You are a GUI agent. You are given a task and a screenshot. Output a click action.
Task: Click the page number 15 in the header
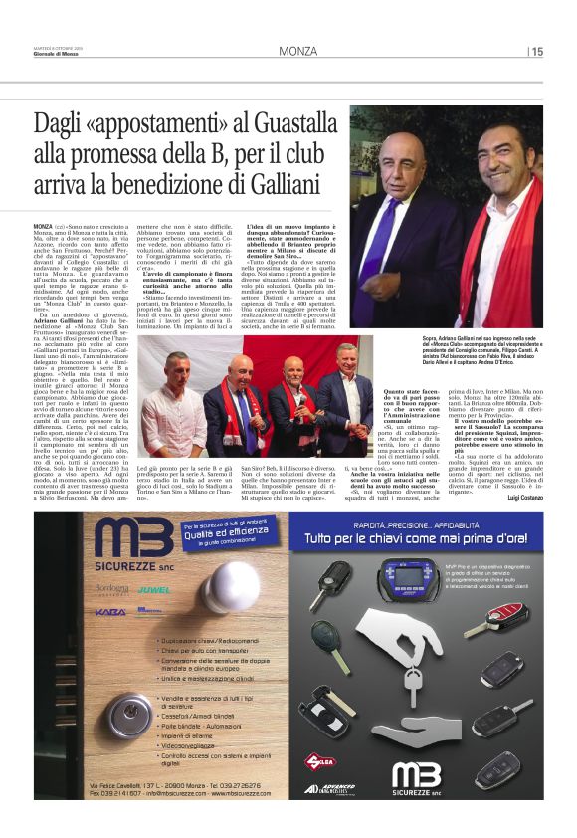coord(537,51)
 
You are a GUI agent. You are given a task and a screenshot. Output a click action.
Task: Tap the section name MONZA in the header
coord(297,51)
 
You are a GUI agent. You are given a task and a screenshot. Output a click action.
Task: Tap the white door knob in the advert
coord(231,587)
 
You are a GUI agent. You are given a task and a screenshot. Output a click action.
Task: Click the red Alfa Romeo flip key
coord(506,616)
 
